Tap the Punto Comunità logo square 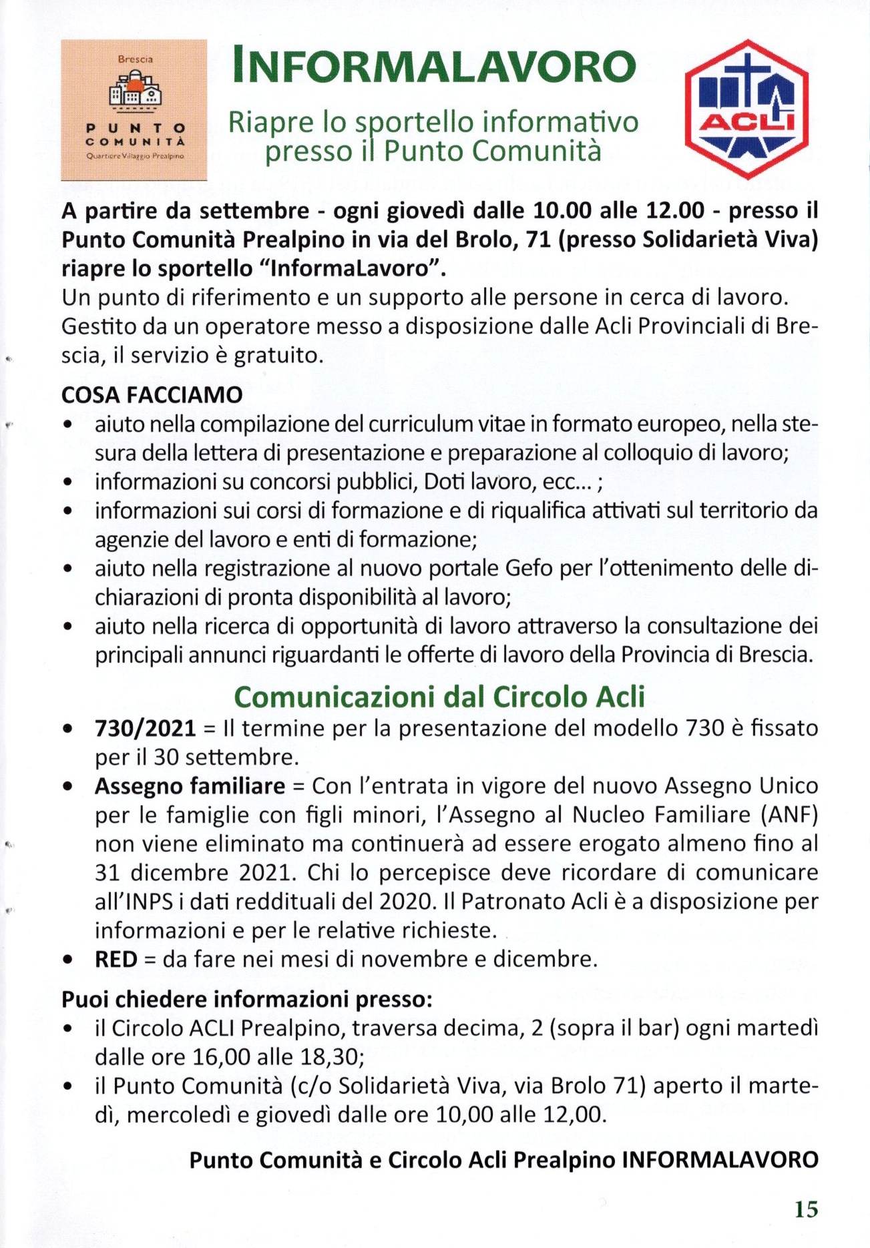point(134,110)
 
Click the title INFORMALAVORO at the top point(434,67)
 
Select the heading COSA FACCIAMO point(152,395)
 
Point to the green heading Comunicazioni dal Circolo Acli point(439,697)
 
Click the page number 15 point(806,1209)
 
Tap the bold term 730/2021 point(146,728)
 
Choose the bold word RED point(116,960)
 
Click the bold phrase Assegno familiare point(190,786)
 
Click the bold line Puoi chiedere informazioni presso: point(247,1000)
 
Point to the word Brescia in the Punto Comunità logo point(135,59)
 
